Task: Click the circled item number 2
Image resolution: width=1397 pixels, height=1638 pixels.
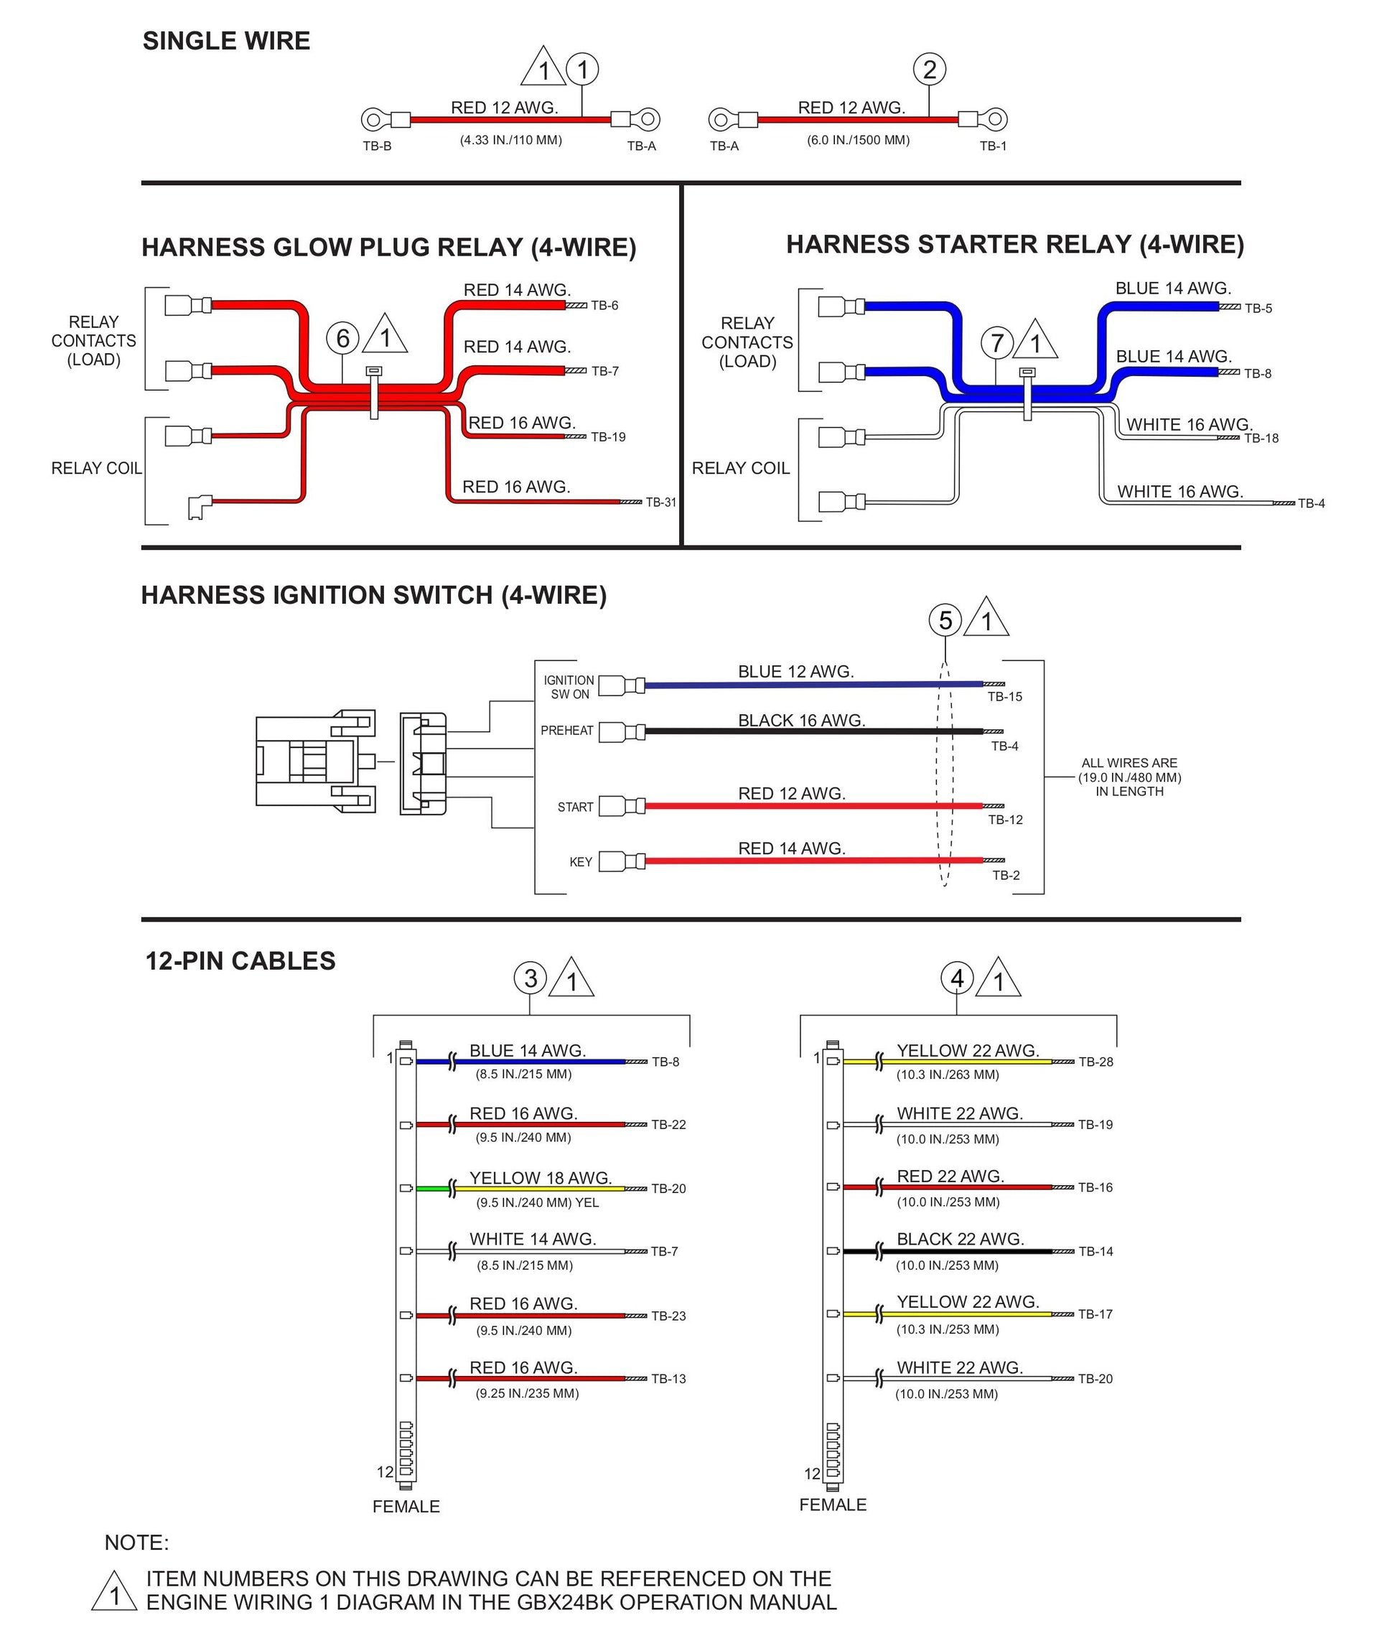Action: click(x=929, y=70)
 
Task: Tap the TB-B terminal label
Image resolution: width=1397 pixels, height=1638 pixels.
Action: click(x=377, y=146)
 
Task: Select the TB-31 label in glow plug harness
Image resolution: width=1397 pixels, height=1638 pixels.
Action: click(x=661, y=502)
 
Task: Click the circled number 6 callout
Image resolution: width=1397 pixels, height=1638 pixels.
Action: click(x=342, y=338)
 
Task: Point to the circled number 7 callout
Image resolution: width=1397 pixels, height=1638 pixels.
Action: click(x=997, y=343)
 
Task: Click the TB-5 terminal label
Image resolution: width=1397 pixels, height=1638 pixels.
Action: click(x=1258, y=309)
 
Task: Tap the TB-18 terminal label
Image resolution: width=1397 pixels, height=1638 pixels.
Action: click(x=1261, y=438)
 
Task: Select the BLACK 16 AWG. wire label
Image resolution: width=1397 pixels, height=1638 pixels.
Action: click(x=802, y=720)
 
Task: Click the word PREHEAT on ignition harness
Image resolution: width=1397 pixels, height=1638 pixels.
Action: click(x=567, y=731)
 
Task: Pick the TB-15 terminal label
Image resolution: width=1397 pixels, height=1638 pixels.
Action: click(x=1005, y=696)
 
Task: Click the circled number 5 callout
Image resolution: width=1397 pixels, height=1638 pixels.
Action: click(x=945, y=621)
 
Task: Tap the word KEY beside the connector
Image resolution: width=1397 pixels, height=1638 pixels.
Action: click(x=580, y=861)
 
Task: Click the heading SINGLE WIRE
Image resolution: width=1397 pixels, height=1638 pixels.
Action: click(x=226, y=41)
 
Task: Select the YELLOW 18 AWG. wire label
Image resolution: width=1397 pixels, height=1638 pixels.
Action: click(x=541, y=1178)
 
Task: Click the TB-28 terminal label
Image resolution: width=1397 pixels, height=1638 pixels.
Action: click(x=1095, y=1062)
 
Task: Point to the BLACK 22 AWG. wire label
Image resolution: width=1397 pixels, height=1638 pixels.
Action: click(x=960, y=1239)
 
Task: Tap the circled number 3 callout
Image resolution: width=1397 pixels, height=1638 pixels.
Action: click(x=531, y=978)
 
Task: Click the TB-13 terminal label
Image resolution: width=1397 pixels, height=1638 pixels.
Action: click(x=669, y=1379)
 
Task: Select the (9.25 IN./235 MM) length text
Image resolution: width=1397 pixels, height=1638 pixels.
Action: click(x=528, y=1394)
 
